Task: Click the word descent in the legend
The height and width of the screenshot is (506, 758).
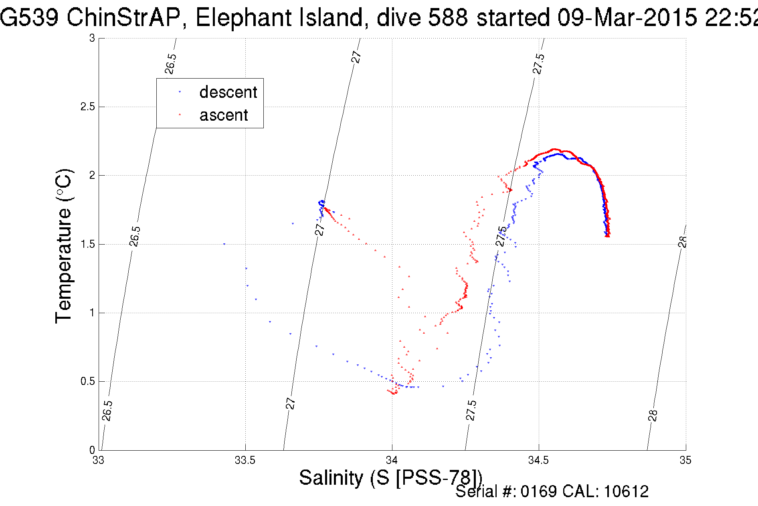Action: pyautogui.click(x=228, y=92)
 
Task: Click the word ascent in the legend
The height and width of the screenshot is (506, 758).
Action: pyautogui.click(x=224, y=115)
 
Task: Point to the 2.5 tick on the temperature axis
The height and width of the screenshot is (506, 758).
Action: pyautogui.click(x=87, y=107)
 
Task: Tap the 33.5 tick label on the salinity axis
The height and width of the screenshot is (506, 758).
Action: pyautogui.click(x=245, y=460)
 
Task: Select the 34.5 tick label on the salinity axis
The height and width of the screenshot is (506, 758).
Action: pyautogui.click(x=538, y=460)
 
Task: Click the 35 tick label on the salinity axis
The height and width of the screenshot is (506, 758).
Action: pyautogui.click(x=685, y=460)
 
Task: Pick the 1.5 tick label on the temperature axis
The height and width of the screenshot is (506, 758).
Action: pyautogui.click(x=87, y=244)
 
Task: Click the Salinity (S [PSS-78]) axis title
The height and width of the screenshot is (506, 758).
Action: pyautogui.click(x=390, y=478)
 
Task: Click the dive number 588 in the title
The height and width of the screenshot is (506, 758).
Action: pyautogui.click(x=448, y=18)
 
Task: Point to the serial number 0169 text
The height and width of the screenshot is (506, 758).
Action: pyautogui.click(x=538, y=492)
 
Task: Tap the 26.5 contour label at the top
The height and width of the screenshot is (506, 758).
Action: pyautogui.click(x=171, y=64)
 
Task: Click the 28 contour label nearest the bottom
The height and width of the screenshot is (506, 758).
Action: pyautogui.click(x=653, y=415)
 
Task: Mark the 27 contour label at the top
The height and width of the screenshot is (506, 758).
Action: pyautogui.click(x=356, y=57)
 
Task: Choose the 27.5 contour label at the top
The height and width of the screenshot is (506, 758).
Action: pyautogui.click(x=539, y=64)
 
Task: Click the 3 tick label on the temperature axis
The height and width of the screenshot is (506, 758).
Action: pyautogui.click(x=92, y=38)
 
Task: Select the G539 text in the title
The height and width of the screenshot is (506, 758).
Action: pyautogui.click(x=29, y=18)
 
